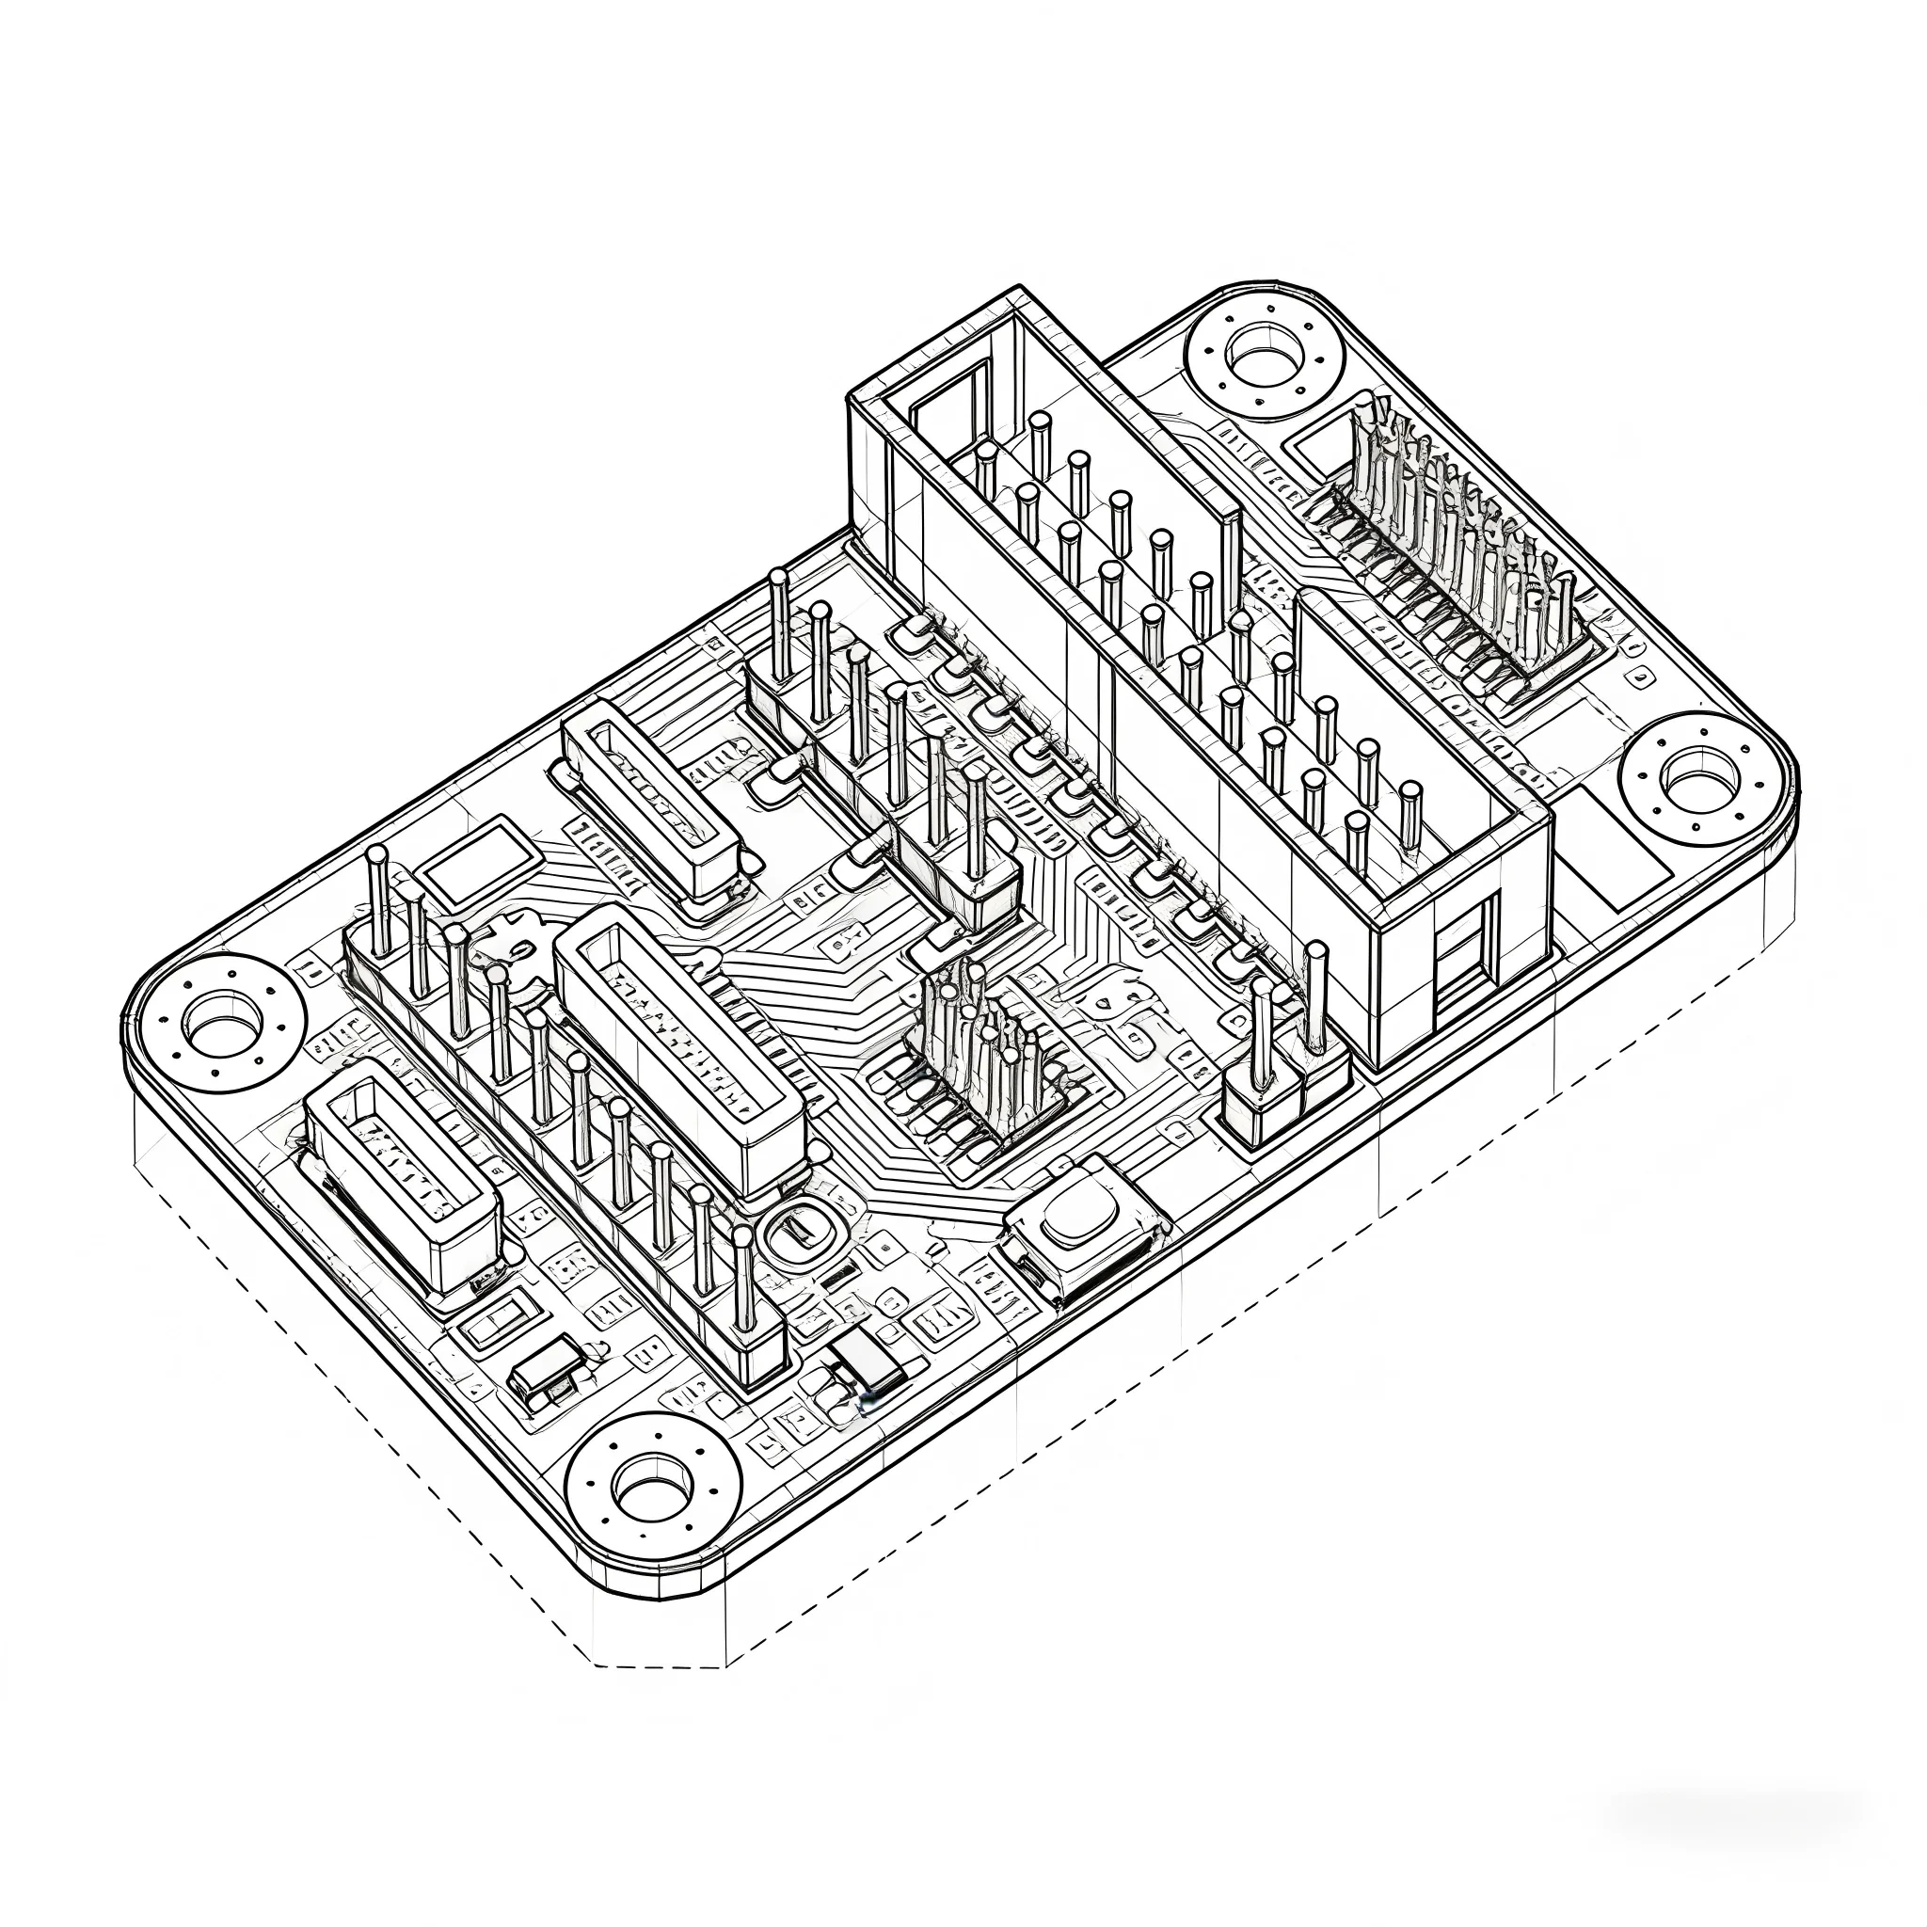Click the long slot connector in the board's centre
click(678, 1057)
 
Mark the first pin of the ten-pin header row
click(378, 898)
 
